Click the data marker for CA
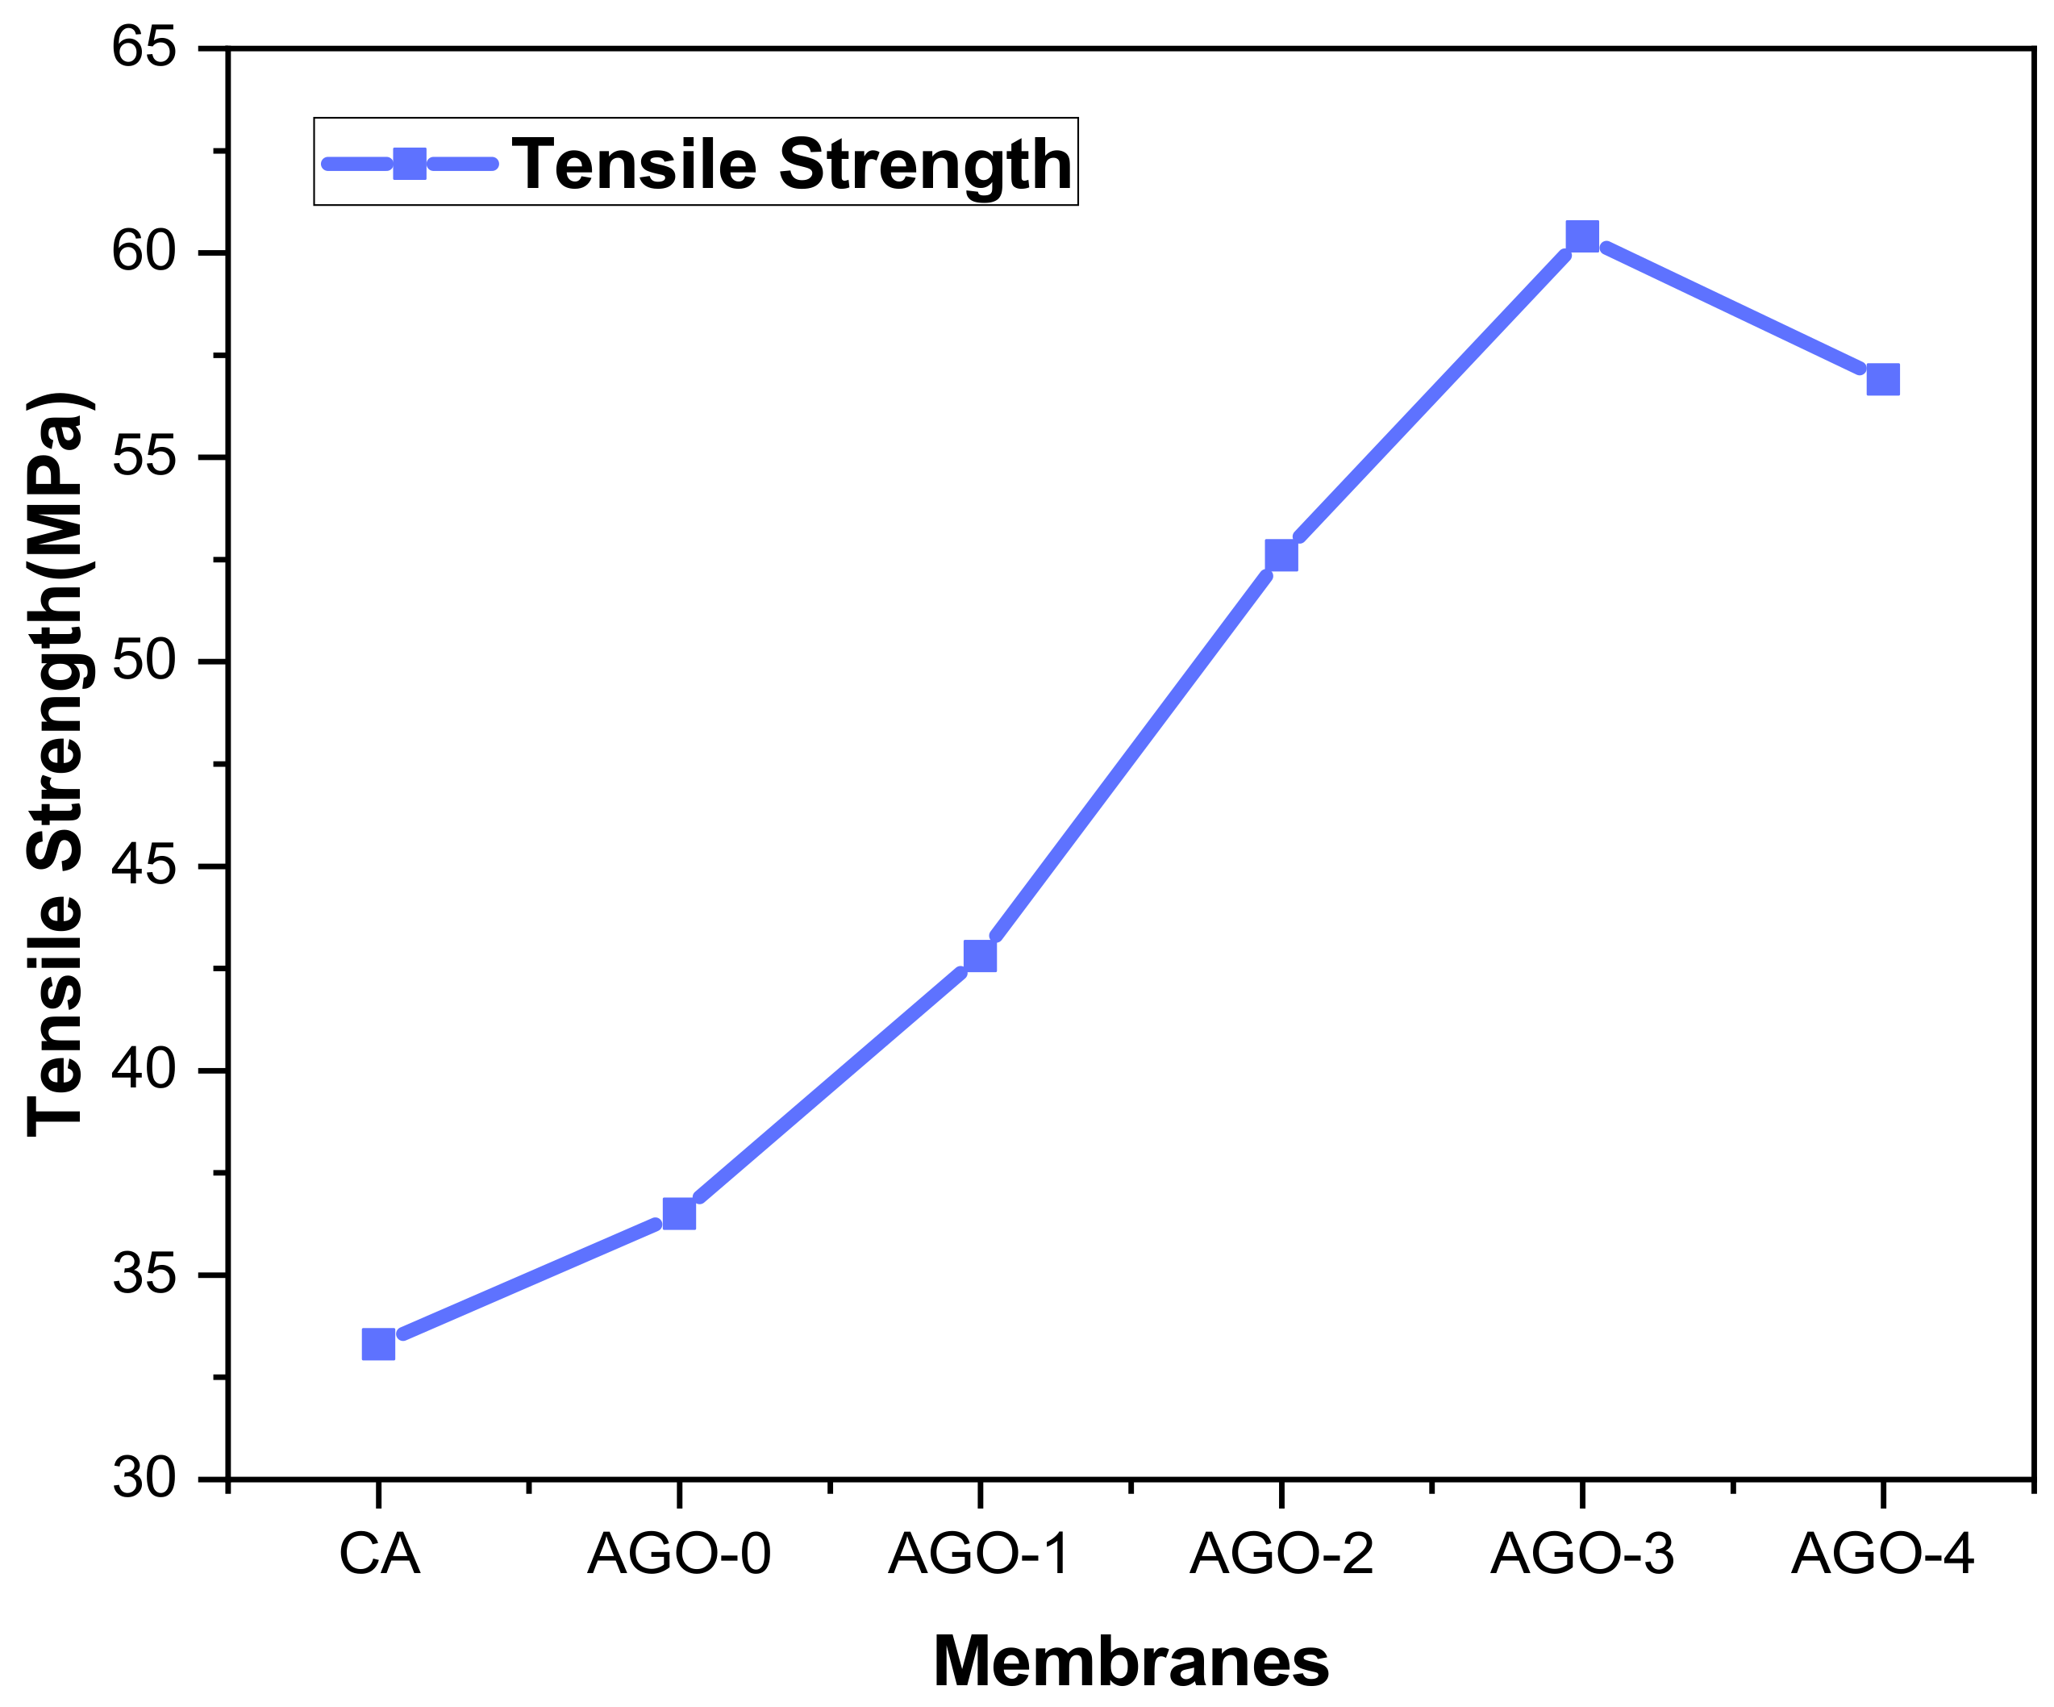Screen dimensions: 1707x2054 click(378, 1344)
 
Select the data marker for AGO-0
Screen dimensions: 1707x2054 click(679, 1213)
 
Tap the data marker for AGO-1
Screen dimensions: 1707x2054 click(980, 956)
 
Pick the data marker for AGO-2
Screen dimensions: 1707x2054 click(1281, 555)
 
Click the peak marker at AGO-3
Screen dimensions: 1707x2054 click(1581, 236)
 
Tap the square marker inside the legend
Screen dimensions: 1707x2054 click(409, 164)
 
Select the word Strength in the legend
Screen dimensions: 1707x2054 click(924, 164)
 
